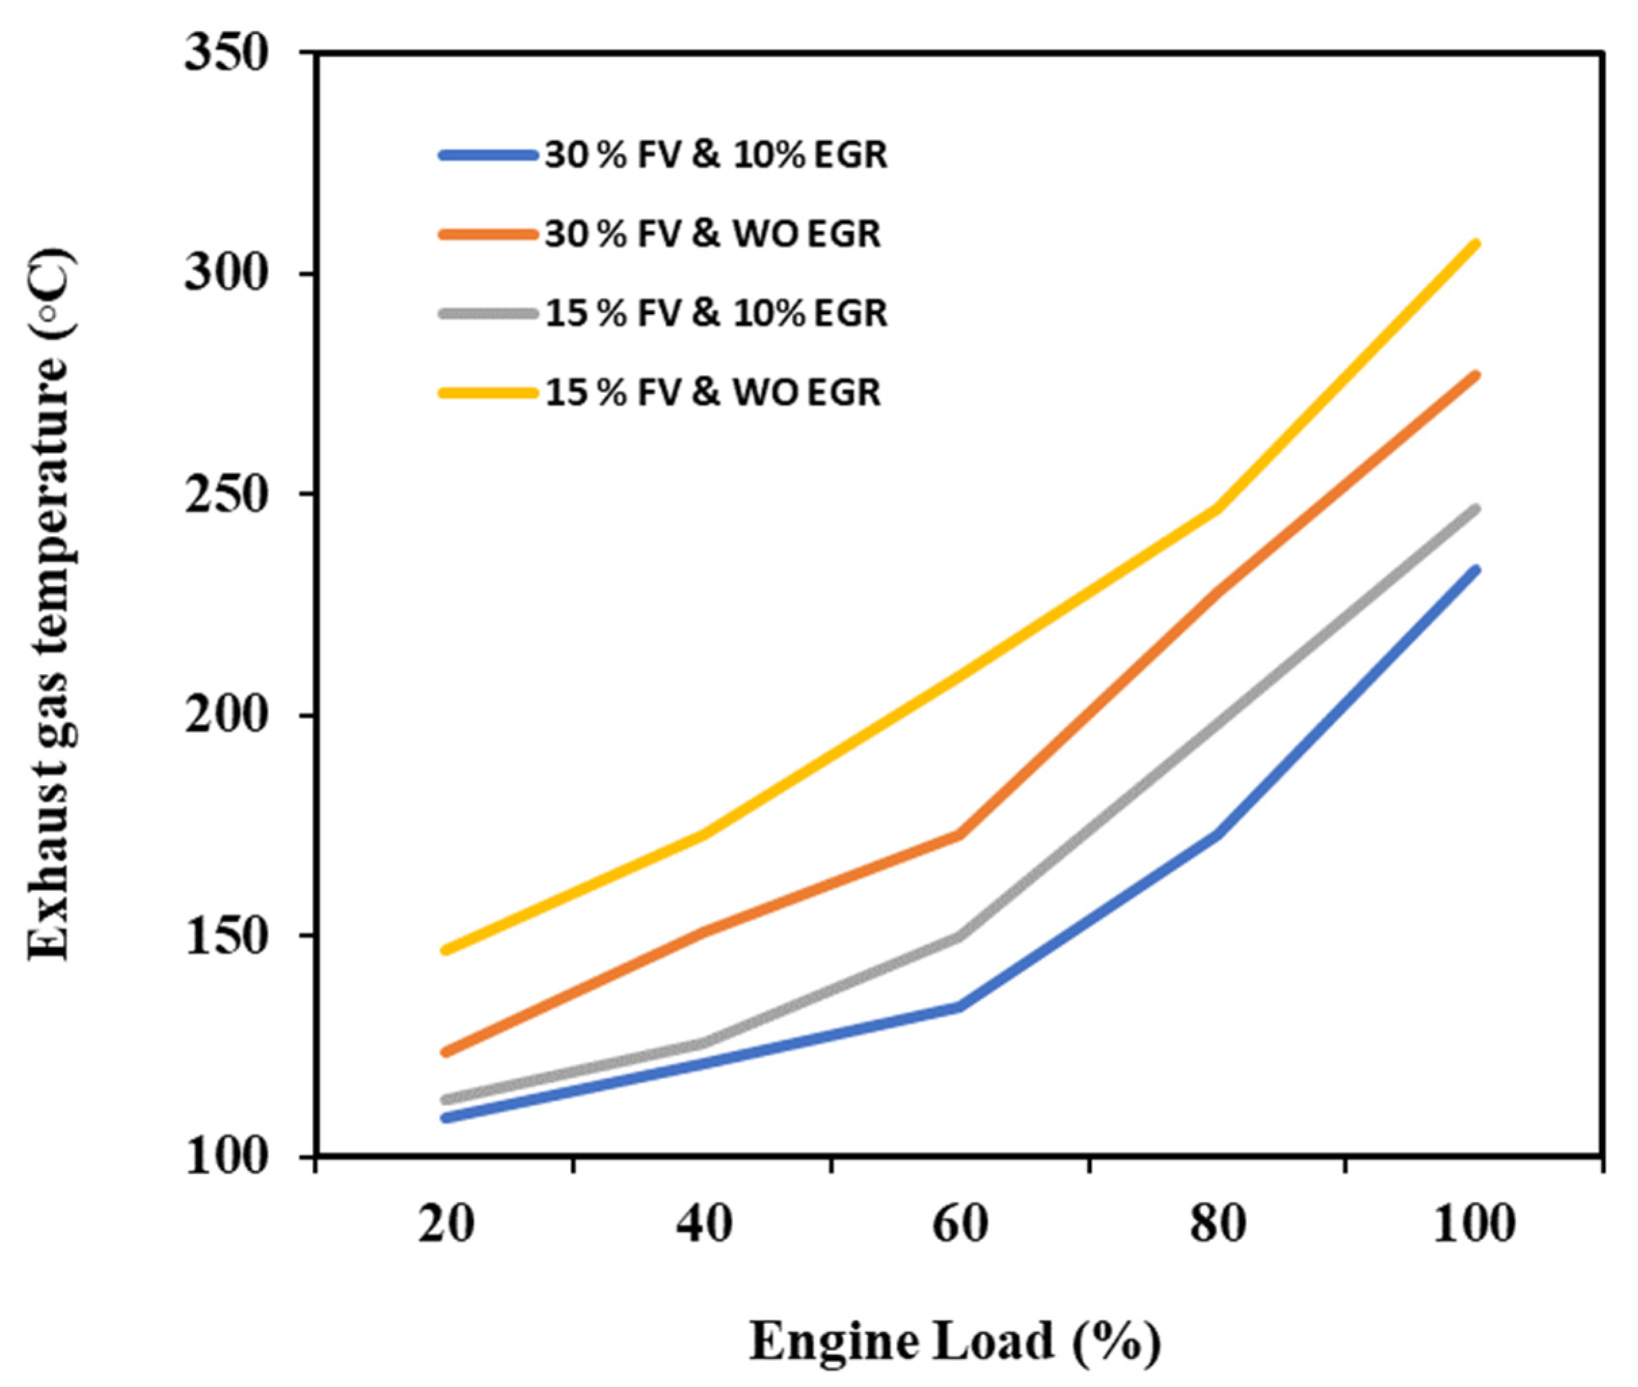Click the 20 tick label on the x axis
(x=446, y=1224)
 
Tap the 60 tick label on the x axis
(x=960, y=1224)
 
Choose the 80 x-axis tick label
(x=1217, y=1224)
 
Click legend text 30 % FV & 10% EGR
(x=716, y=155)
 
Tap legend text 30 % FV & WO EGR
(x=712, y=234)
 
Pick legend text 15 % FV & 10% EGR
(x=716, y=313)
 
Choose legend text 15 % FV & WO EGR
(x=712, y=392)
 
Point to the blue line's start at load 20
(x=446, y=1117)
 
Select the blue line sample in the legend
(x=488, y=155)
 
